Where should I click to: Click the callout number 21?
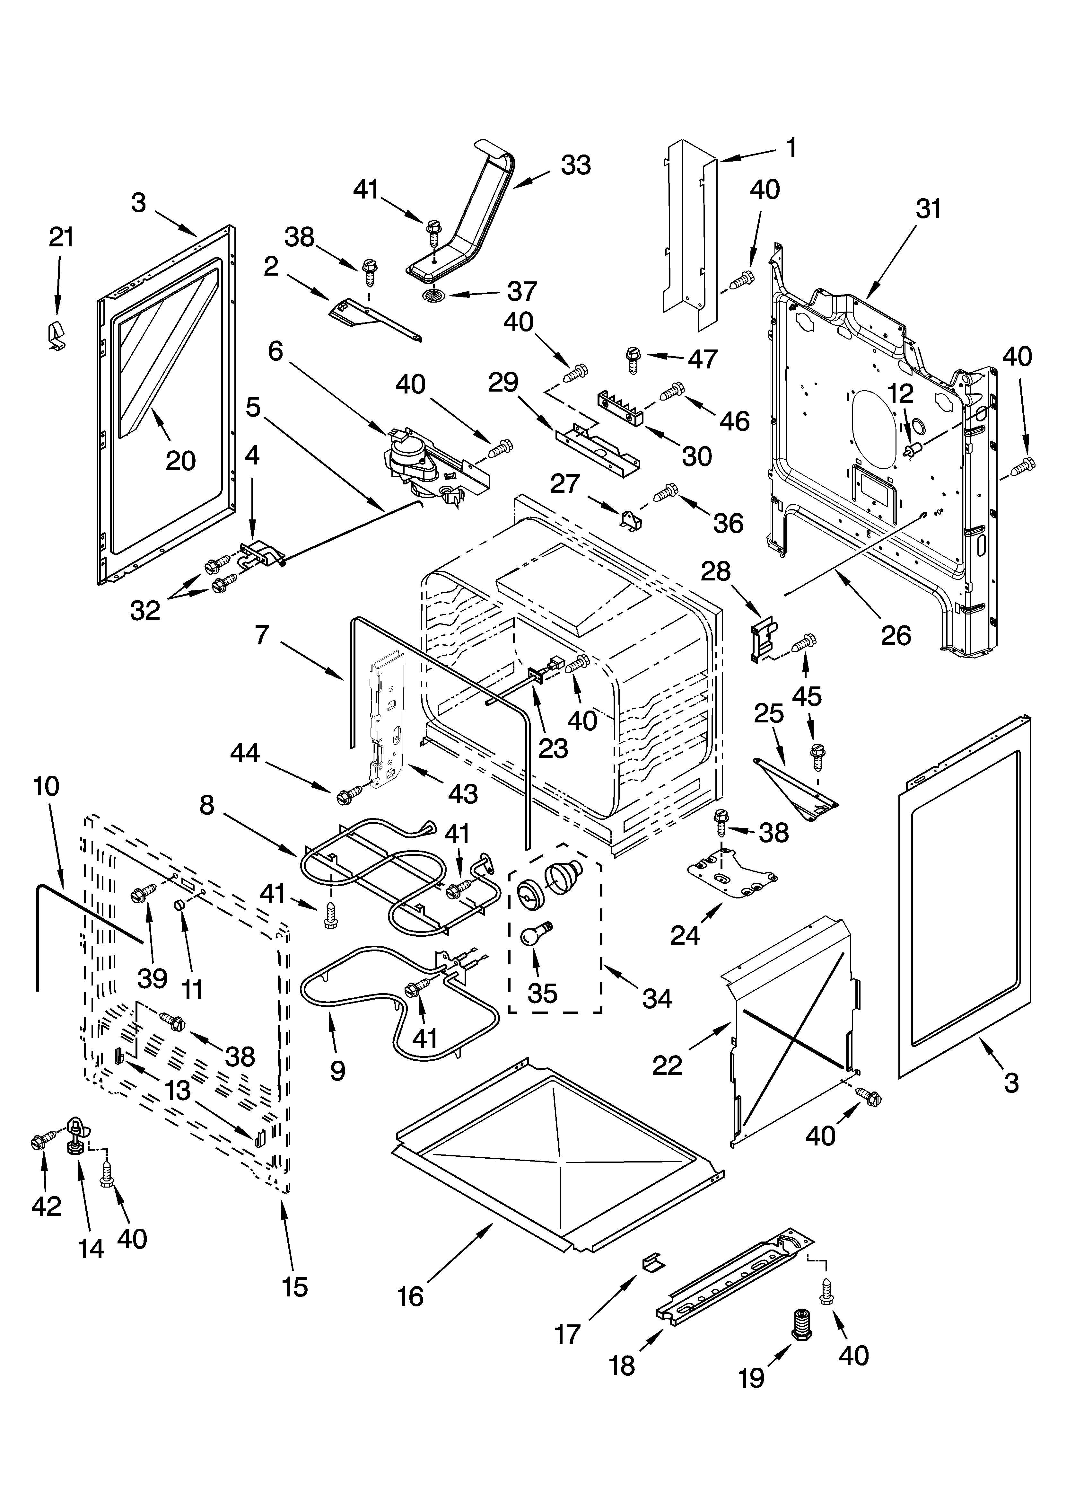[62, 237]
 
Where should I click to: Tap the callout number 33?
[575, 165]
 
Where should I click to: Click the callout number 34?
[657, 998]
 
